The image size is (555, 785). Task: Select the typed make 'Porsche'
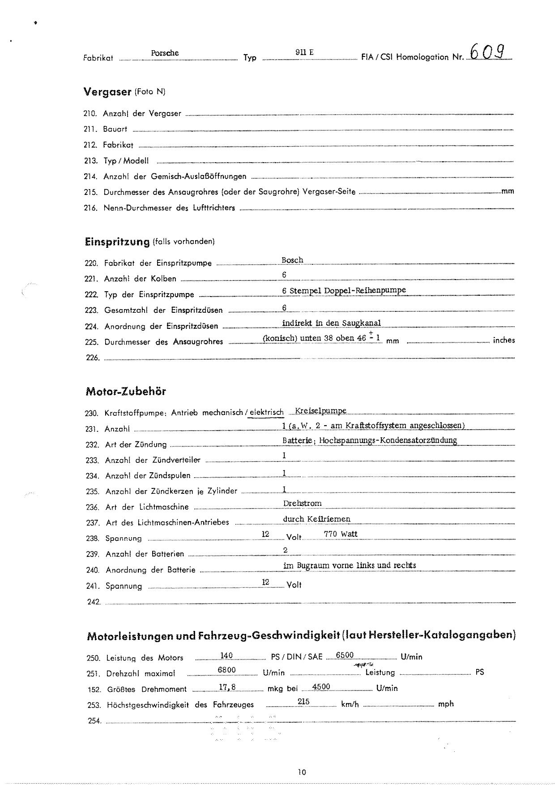[165, 53]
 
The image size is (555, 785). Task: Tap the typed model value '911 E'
[304, 52]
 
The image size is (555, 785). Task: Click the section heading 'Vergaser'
[107, 92]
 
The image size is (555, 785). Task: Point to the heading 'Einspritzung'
[117, 242]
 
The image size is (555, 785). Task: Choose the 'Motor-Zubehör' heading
[126, 392]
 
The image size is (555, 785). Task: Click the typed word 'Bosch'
[292, 260]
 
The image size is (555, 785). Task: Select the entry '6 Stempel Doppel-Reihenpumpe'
[344, 290]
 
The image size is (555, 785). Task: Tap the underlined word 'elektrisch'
[266, 413]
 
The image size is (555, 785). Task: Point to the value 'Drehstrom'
[302, 504]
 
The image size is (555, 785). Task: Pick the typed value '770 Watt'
[341, 534]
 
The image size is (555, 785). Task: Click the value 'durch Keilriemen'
[316, 519]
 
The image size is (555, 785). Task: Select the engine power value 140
[226, 656]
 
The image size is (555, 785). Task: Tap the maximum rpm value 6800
[226, 670]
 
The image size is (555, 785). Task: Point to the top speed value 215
[303, 702]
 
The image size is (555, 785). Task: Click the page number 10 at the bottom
[301, 772]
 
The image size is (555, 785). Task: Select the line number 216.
[90, 208]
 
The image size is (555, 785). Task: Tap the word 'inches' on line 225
[504, 341]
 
